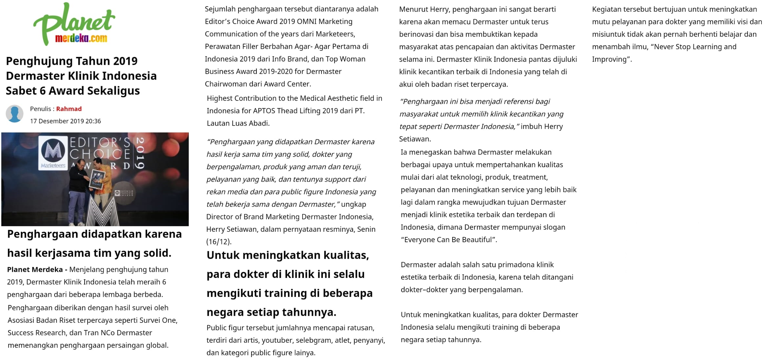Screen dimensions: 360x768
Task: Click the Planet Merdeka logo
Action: point(74,24)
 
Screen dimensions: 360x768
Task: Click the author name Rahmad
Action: point(69,109)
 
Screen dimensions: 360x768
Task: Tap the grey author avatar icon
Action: point(15,114)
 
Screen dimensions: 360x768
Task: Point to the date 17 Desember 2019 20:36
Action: point(65,121)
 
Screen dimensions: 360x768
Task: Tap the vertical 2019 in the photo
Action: point(140,153)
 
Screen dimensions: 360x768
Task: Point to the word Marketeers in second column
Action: point(335,34)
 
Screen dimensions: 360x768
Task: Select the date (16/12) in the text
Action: point(219,242)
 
